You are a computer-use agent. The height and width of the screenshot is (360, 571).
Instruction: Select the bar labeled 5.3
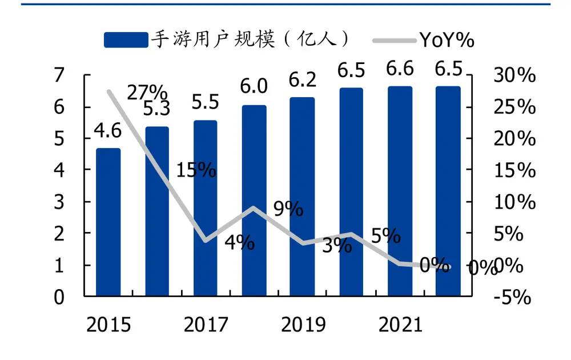tap(156, 211)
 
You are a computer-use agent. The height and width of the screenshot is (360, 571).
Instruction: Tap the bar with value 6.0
tap(254, 200)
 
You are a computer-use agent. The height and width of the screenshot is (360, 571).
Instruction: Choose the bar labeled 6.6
tap(400, 191)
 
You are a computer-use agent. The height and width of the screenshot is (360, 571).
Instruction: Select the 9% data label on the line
tap(288, 209)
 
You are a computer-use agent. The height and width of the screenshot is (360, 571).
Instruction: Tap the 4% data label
tap(239, 242)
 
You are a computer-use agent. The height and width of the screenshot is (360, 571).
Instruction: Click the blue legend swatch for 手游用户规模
tap(126, 40)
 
